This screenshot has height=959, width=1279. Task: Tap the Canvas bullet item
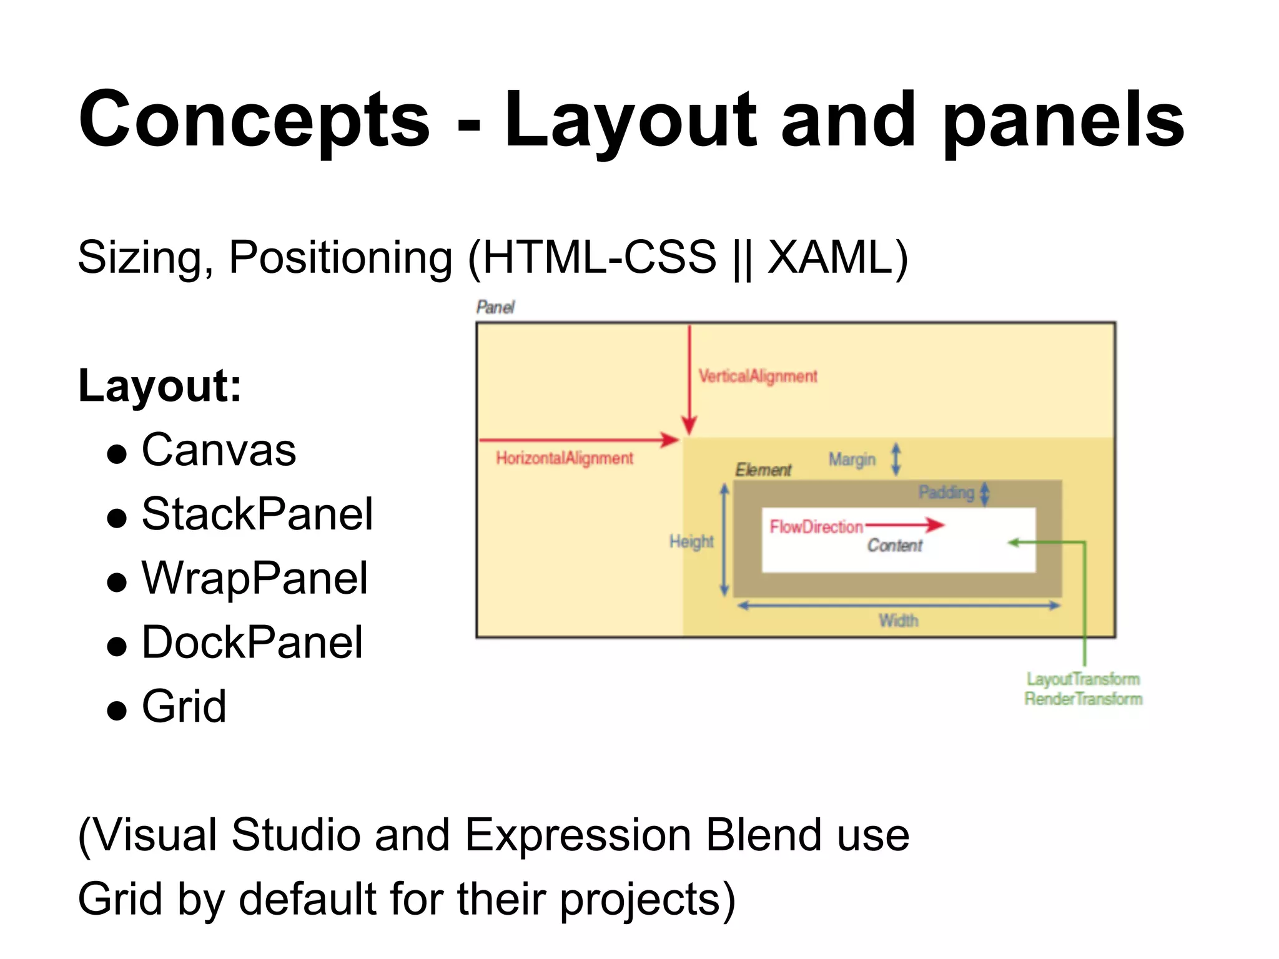pos(219,450)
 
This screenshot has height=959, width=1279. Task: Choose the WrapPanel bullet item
pos(255,578)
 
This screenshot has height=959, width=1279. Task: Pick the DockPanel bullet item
pos(252,642)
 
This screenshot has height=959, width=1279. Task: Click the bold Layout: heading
pos(160,386)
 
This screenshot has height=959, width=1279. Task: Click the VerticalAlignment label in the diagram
pos(758,376)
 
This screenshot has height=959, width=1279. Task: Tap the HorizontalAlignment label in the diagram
pos(565,458)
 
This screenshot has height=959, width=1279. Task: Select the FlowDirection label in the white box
pos(816,527)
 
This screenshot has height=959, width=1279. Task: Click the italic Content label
pos(894,546)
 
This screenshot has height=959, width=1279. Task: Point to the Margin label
pos(852,460)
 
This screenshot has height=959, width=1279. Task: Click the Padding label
pos(946,493)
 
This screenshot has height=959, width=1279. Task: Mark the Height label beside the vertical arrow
pos(691,541)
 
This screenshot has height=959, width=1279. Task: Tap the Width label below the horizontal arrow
pos(899,621)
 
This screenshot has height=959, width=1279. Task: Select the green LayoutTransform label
pos(1083,679)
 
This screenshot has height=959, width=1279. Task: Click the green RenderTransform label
pos(1083,699)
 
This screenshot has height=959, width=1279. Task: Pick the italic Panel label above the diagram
pos(495,307)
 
